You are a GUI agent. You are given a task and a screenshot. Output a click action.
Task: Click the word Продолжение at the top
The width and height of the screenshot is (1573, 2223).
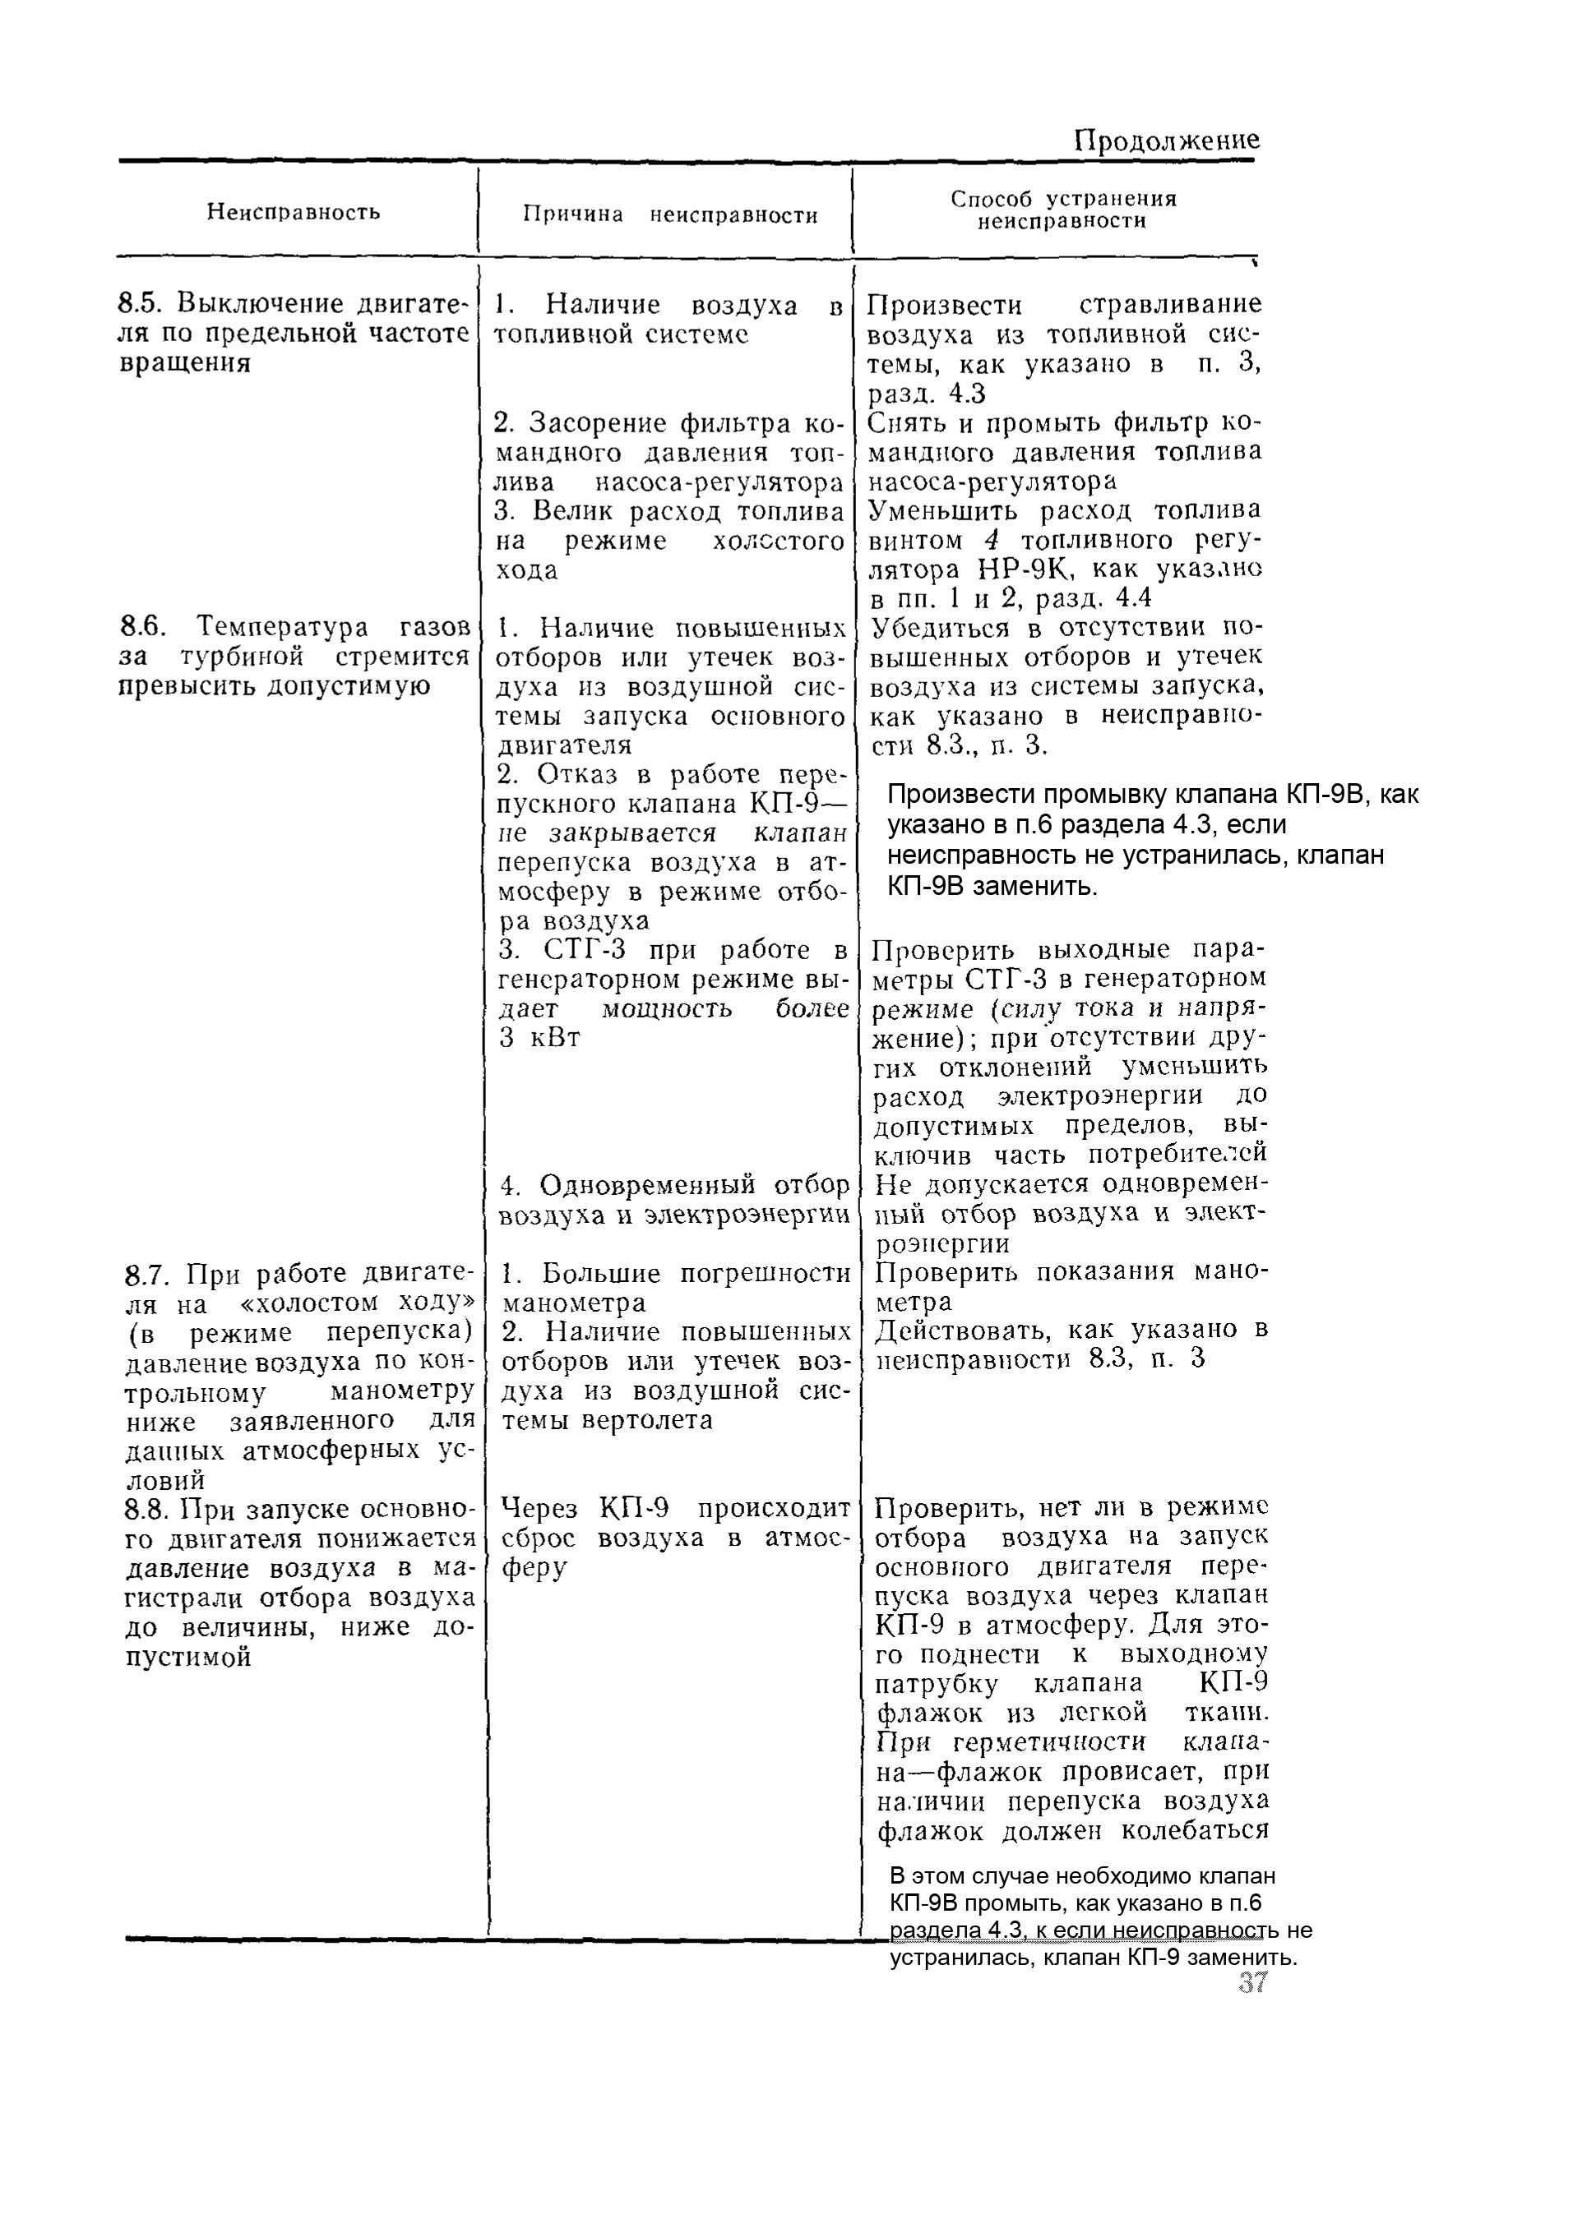pos(1167,141)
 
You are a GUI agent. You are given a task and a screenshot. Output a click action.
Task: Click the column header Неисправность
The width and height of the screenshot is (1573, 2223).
pos(294,212)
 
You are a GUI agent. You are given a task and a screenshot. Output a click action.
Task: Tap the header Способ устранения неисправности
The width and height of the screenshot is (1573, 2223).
pos(1062,209)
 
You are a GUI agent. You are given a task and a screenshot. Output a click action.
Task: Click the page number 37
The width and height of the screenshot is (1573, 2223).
pos(1251,1984)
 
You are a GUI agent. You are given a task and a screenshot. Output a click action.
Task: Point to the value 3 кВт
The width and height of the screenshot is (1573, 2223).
pos(539,1039)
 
